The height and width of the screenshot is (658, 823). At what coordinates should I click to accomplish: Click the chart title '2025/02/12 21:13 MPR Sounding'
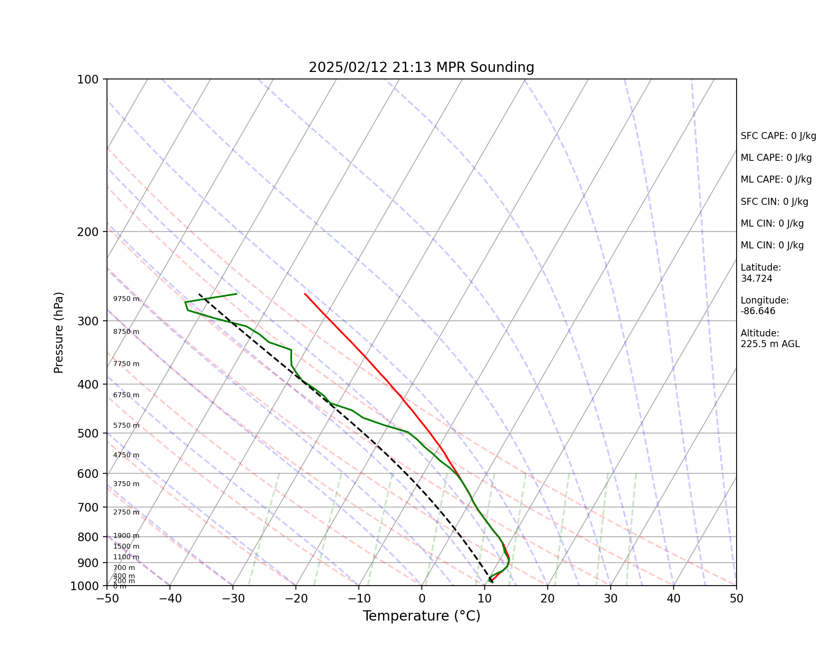(421, 67)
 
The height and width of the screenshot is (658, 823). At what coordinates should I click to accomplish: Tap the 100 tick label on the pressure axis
(87, 79)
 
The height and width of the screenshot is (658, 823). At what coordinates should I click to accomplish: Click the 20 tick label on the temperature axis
(547, 598)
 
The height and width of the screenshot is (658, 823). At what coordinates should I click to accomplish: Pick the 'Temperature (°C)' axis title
(421, 616)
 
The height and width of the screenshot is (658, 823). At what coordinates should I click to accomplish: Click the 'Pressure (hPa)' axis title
(59, 332)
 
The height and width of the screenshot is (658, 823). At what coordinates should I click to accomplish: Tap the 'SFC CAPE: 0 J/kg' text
(778, 136)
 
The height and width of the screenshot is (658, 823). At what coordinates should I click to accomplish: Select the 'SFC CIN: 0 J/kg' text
(774, 202)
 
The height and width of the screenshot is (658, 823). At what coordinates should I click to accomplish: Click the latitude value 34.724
(756, 278)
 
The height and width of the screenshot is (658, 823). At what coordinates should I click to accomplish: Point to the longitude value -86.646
(758, 311)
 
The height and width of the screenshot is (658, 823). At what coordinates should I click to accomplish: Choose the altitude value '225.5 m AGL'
(770, 344)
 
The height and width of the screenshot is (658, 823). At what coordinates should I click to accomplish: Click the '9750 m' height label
(126, 299)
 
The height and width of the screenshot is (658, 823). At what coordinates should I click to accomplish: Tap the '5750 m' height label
(126, 426)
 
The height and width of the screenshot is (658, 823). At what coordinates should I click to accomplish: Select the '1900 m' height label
(126, 536)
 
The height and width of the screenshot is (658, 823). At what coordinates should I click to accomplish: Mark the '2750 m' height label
(126, 512)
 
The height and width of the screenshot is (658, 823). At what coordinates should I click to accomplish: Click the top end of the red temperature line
(305, 294)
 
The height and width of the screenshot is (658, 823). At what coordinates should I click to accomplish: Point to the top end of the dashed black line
(199, 294)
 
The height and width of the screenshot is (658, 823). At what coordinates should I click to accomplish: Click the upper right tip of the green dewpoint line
(237, 294)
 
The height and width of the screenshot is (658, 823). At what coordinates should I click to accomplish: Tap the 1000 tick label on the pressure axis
(84, 586)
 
